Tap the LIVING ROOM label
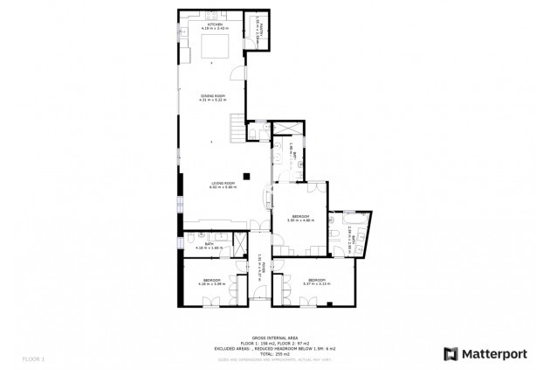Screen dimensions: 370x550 [223, 185]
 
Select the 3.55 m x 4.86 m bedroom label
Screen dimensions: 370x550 [299, 218]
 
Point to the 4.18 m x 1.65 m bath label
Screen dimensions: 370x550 [210, 246]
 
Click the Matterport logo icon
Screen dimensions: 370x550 [450, 354]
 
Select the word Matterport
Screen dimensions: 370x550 [495, 354]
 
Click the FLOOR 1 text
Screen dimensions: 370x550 [32, 359]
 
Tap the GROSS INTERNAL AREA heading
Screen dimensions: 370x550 [275, 337]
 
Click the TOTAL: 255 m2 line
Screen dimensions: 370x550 [275, 353]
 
